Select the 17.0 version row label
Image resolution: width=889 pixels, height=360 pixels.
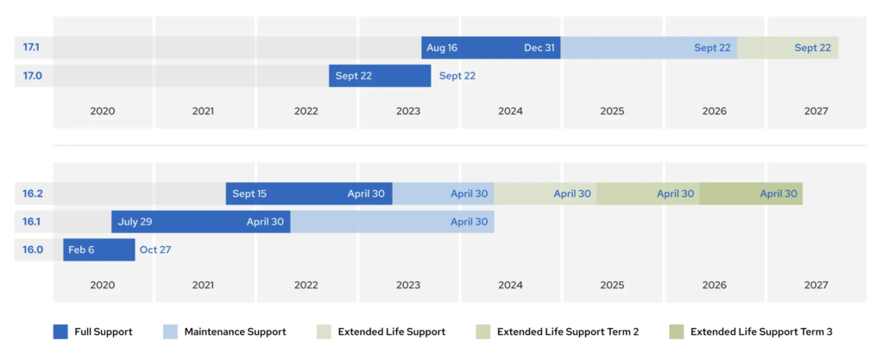(32, 75)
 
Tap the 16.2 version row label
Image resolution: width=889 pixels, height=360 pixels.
(32, 193)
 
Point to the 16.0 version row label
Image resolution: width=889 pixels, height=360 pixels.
(32, 249)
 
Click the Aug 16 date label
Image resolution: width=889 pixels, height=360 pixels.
(442, 47)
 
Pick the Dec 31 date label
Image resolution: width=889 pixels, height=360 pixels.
(539, 47)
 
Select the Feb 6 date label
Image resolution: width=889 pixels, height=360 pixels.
(81, 249)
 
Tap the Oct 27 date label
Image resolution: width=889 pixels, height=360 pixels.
(155, 249)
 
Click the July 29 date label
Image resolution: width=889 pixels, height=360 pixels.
(135, 222)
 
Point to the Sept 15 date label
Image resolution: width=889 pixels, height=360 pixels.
(249, 193)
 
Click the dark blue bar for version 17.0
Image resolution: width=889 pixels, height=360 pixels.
(380, 75)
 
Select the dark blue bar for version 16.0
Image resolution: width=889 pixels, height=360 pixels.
(98, 249)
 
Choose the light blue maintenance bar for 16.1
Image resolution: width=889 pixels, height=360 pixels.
(393, 222)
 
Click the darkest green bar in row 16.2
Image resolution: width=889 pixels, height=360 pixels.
(751, 193)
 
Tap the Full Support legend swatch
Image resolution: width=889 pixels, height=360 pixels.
(60, 332)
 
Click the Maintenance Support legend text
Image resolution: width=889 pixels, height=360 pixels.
(236, 332)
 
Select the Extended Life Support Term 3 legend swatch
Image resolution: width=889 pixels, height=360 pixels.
(677, 332)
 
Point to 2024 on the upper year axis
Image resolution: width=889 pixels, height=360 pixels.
(510, 111)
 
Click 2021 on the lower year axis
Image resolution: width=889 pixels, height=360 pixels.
(203, 285)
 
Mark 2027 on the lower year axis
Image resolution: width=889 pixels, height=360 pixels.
(816, 285)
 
